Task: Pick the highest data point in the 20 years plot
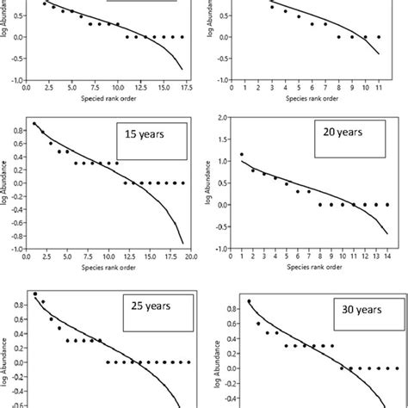(x=241, y=154)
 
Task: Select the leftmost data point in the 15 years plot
(x=34, y=124)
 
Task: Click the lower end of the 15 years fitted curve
(x=182, y=243)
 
